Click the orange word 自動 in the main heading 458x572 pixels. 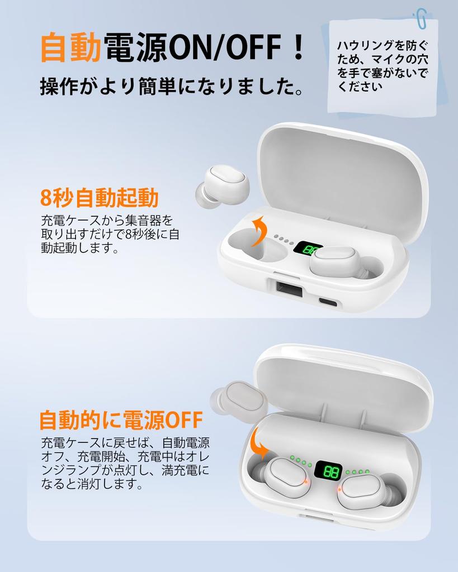pyautogui.click(x=72, y=47)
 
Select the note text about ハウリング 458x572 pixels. pyautogui.click(x=383, y=66)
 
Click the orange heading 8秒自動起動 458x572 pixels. pyautogui.click(x=100, y=198)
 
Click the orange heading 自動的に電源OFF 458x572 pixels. pyautogui.click(x=121, y=420)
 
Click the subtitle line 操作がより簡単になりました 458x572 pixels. pyautogui.click(x=173, y=87)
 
